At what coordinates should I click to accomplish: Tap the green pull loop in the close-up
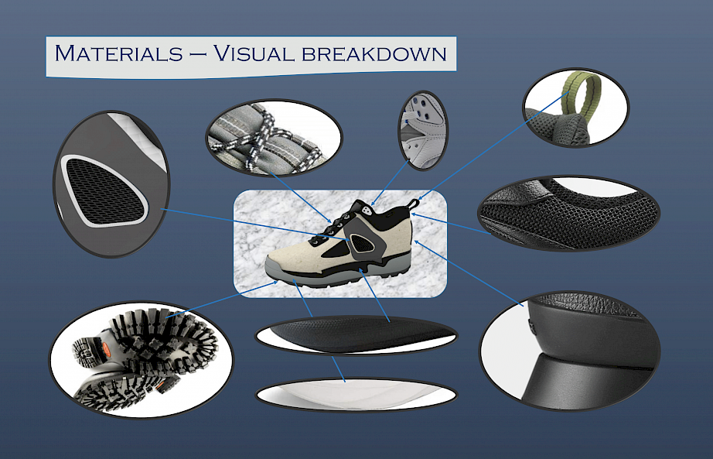[x=576, y=91]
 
